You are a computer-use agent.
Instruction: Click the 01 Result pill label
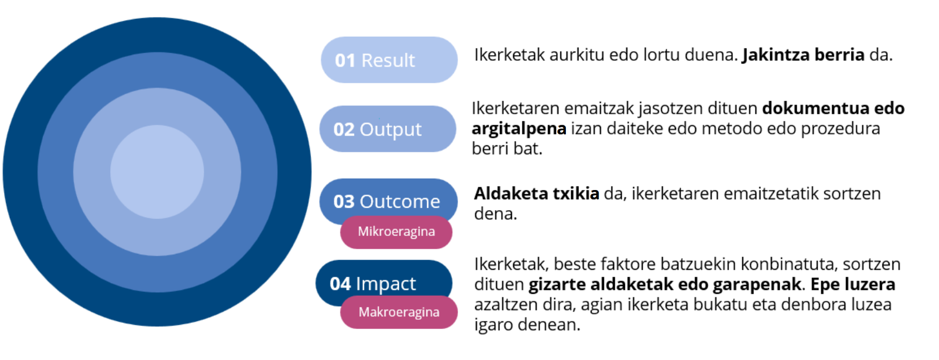(x=389, y=60)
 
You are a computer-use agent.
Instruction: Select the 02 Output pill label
(x=388, y=129)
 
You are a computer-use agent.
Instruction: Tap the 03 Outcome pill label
(x=388, y=200)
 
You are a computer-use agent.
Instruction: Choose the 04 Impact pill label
(x=383, y=282)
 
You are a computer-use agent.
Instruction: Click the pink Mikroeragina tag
(x=396, y=232)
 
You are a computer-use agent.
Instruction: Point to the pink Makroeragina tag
(x=399, y=312)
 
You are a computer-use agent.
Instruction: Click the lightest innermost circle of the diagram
(x=157, y=172)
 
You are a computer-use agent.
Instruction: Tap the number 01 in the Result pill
(x=345, y=60)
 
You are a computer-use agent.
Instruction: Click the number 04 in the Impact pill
(x=340, y=284)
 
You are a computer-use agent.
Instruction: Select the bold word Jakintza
(x=775, y=55)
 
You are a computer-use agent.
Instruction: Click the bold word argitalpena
(x=519, y=129)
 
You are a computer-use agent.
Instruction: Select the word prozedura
(x=840, y=129)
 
